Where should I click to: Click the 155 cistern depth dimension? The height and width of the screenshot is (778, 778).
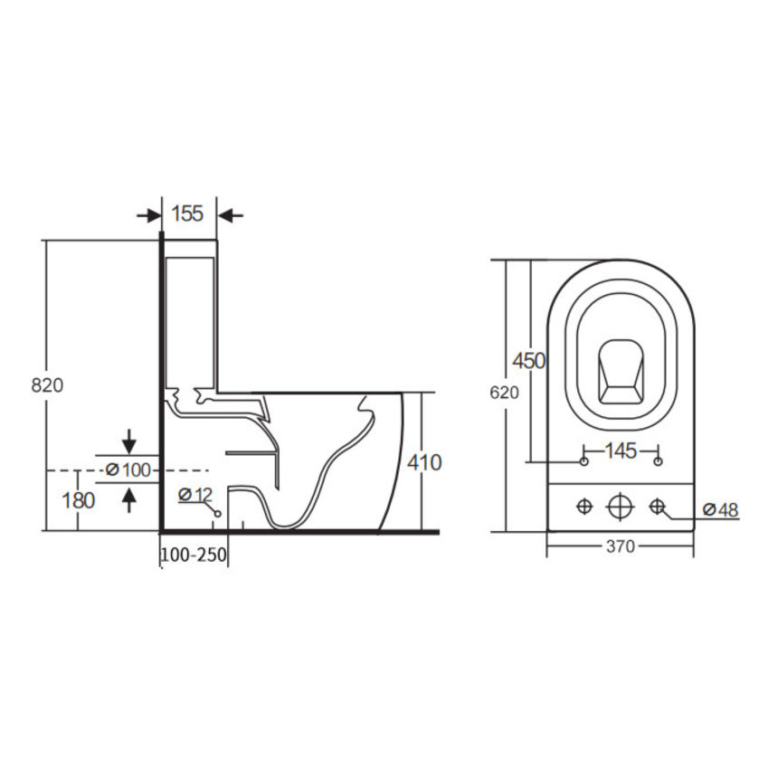187,213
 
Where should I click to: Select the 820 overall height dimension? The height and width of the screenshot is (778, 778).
47,385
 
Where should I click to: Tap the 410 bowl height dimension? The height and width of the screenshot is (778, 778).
424,462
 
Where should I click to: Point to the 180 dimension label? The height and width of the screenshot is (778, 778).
79,500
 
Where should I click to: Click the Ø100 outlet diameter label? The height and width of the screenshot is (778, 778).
128,470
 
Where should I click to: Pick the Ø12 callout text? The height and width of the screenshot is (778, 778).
195,494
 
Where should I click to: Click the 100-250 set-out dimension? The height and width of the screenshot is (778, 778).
194,555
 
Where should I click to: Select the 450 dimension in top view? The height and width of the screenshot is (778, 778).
529,361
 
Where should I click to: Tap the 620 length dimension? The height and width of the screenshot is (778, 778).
504,393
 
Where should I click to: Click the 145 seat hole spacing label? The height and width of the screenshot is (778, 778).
621,451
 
